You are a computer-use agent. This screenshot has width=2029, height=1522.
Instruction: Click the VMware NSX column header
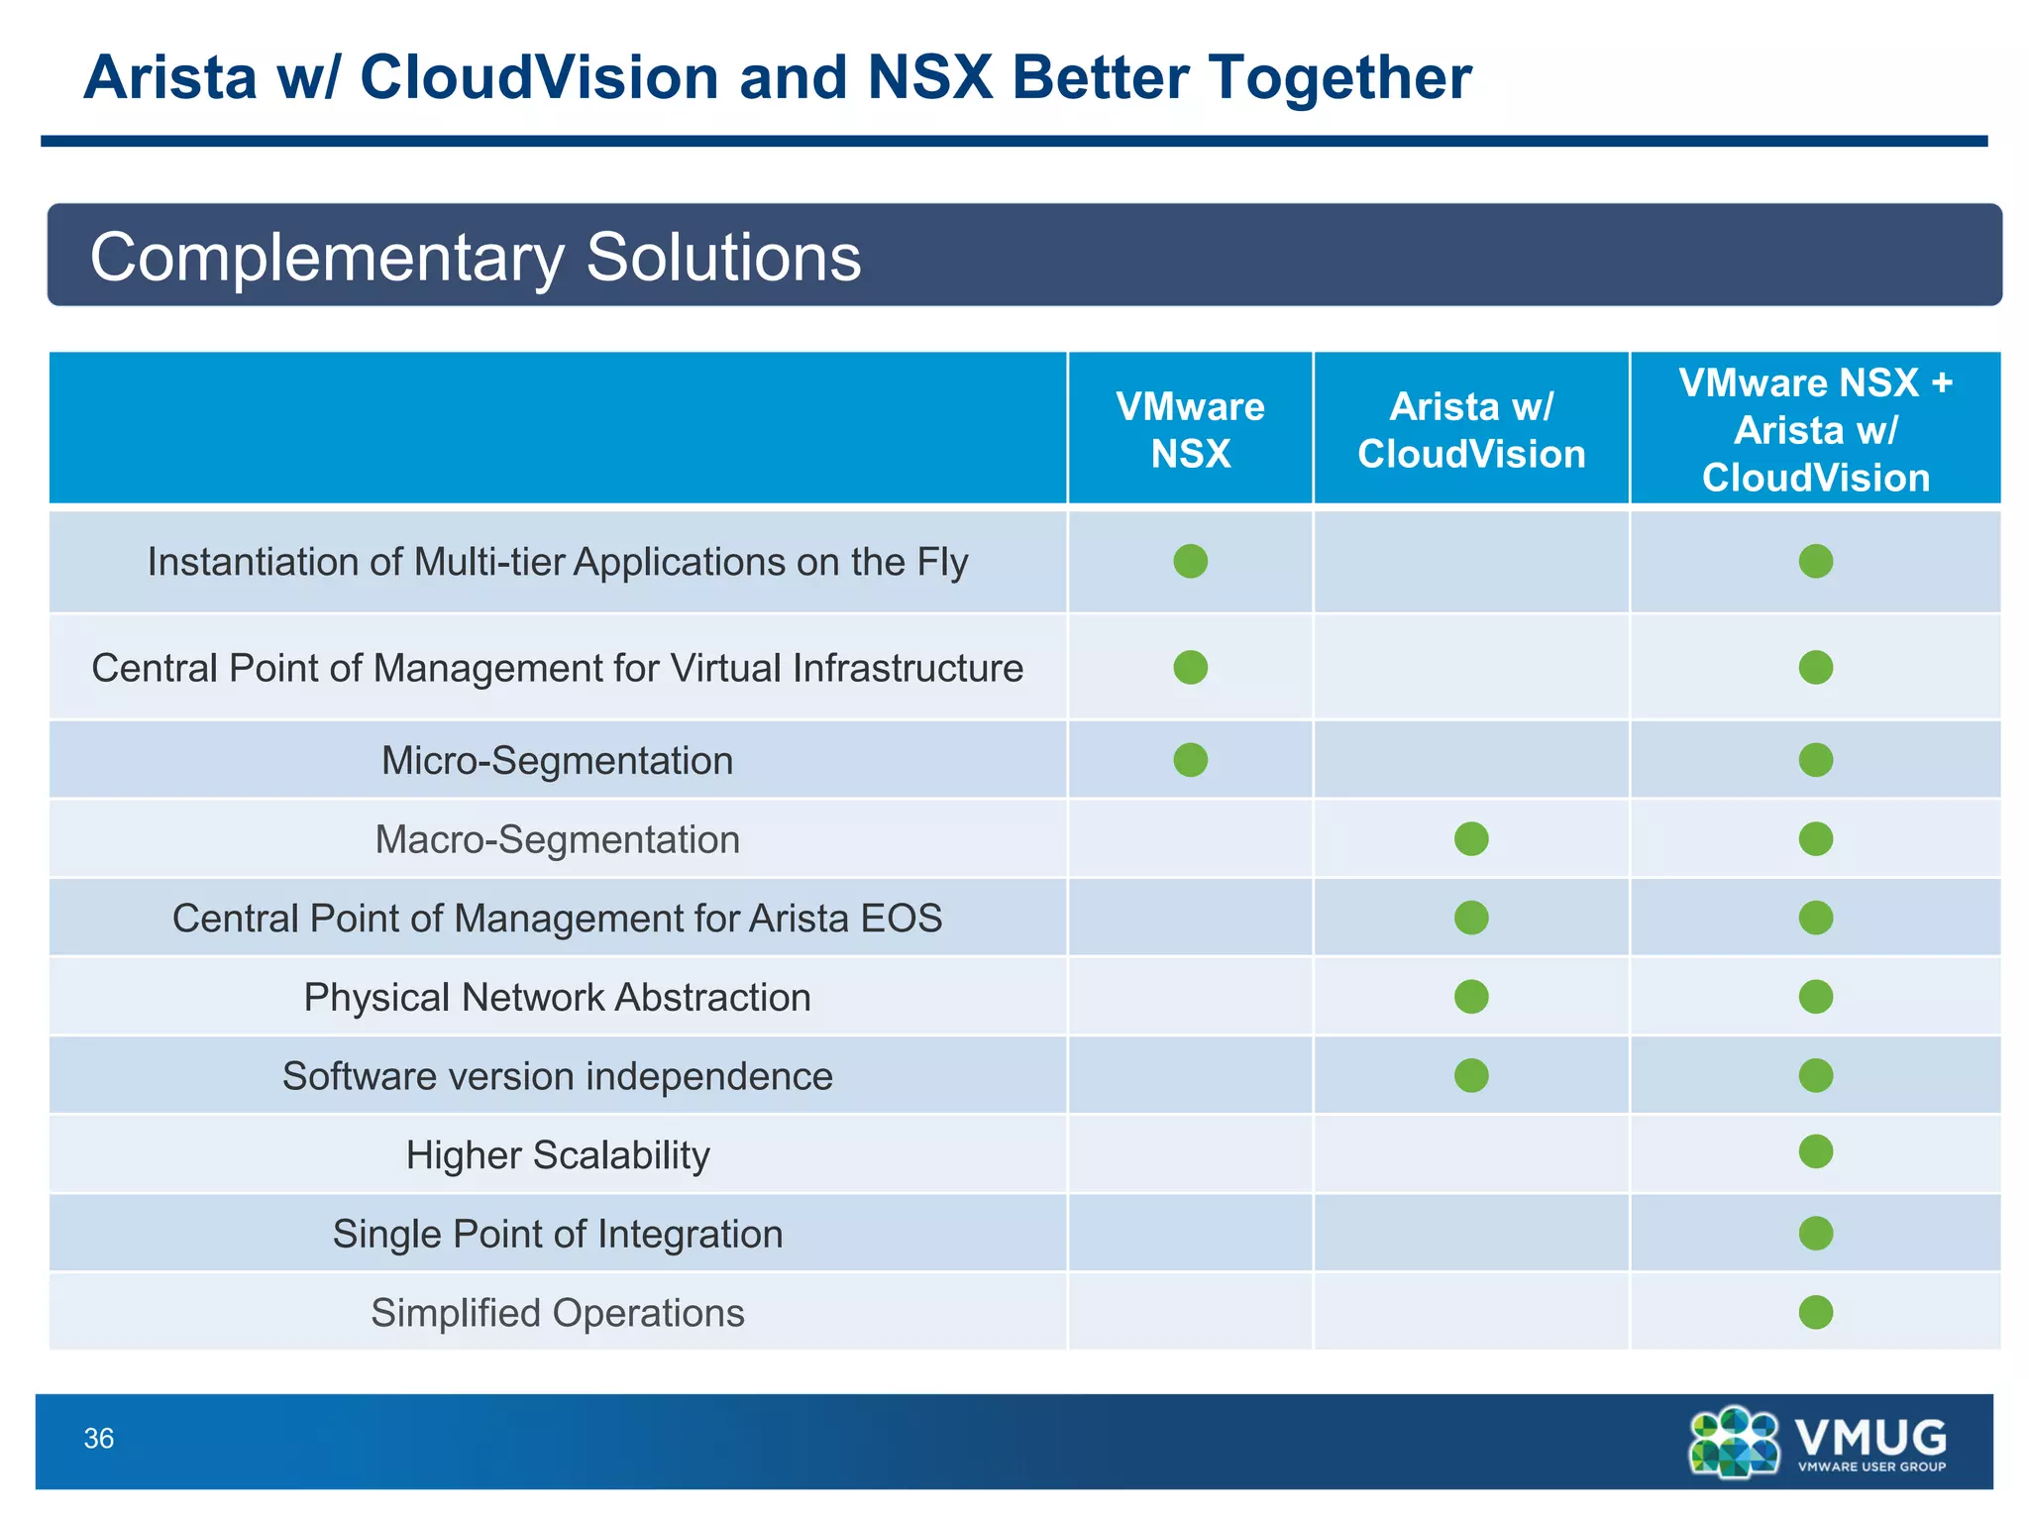tap(1190, 430)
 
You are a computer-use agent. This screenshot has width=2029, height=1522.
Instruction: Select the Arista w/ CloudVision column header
tap(1471, 430)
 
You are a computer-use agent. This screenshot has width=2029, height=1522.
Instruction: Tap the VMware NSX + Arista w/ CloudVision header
tap(1815, 430)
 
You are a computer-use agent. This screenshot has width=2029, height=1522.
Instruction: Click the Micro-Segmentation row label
tap(557, 761)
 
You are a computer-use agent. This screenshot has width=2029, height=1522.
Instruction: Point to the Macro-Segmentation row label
tap(557, 840)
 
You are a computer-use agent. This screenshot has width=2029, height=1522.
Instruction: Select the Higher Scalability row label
tap(557, 1155)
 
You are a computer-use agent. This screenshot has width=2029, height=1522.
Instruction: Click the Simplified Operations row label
tap(557, 1313)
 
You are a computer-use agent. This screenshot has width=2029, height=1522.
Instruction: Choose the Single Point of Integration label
tap(557, 1235)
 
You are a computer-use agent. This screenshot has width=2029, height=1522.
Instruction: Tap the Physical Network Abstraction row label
tap(557, 998)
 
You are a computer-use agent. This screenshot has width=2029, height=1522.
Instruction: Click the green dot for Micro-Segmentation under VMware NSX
tap(1190, 760)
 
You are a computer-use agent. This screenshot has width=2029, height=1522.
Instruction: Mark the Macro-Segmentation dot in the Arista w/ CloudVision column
tap(1471, 839)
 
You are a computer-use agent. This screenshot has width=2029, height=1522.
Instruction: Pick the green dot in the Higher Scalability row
tap(1815, 1151)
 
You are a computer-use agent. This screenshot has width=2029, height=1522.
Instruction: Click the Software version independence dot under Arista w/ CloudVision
tap(1471, 1075)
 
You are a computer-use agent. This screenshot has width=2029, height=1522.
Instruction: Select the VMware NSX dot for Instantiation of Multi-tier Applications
tap(1190, 561)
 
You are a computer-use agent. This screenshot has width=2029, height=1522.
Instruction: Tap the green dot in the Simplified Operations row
tap(1815, 1312)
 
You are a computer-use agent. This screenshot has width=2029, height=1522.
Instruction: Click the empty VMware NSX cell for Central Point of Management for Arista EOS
tap(1190, 918)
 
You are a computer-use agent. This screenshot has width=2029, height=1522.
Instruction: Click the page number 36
tap(99, 1439)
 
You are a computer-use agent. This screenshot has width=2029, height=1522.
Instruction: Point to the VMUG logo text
tap(1870, 1437)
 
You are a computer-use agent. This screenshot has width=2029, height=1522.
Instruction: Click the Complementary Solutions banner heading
tap(476, 258)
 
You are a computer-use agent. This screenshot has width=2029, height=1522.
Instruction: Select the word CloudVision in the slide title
tap(539, 77)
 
